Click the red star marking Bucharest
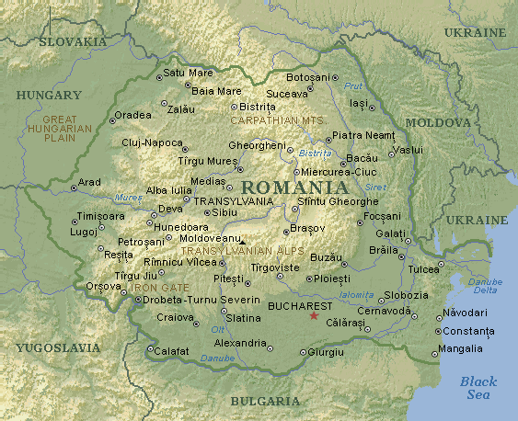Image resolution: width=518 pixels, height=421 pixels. pos(314,316)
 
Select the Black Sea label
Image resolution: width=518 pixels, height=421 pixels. pos(478,387)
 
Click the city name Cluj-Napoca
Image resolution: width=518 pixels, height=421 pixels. pos(152,142)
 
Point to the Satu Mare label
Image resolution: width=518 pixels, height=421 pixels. pos(188,73)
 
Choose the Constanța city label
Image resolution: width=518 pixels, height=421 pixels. pos(468,331)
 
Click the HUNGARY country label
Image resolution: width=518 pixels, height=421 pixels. pos(50,94)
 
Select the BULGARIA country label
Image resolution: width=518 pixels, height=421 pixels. pos(265,401)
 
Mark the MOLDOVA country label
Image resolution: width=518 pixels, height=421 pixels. pos(438,121)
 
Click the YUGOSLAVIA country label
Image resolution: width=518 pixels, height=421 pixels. pos(57,347)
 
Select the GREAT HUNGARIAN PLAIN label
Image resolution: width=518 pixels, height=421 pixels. pos(67,129)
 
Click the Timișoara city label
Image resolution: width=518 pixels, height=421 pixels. pos(102,216)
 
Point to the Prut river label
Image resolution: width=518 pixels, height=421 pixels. pos(353,85)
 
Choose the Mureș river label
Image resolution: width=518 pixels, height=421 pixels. pos(129,197)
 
